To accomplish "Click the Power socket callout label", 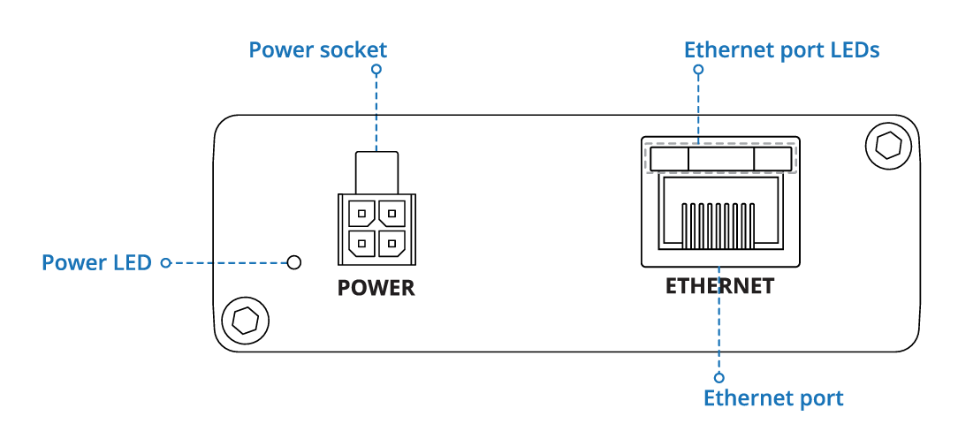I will tap(317, 49).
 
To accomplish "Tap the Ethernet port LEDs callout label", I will tap(781, 49).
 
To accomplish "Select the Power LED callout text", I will tap(96, 262).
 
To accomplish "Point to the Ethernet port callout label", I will tap(772, 398).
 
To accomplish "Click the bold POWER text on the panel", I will tap(376, 288).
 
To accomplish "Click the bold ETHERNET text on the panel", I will tap(719, 286).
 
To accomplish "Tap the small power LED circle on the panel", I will tap(295, 262).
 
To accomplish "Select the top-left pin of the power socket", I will tap(361, 213).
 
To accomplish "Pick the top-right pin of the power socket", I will tap(391, 213).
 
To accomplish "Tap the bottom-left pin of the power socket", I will tap(361, 243).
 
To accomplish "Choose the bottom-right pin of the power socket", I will tap(391, 243).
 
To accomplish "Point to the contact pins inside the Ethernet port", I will tap(719, 223).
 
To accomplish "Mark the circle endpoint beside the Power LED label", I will tap(165, 262).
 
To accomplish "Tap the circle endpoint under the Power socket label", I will tap(376, 69).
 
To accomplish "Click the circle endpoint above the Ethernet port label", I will tap(719, 377).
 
